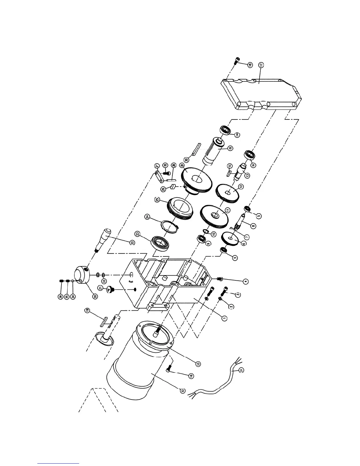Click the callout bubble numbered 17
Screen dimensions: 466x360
(x=260, y=65)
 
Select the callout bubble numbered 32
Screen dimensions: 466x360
(x=183, y=391)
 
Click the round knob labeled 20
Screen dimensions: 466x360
(x=82, y=275)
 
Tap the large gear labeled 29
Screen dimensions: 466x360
(x=196, y=181)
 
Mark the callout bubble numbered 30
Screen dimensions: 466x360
(x=186, y=159)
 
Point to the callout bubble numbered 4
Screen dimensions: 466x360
(x=245, y=281)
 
